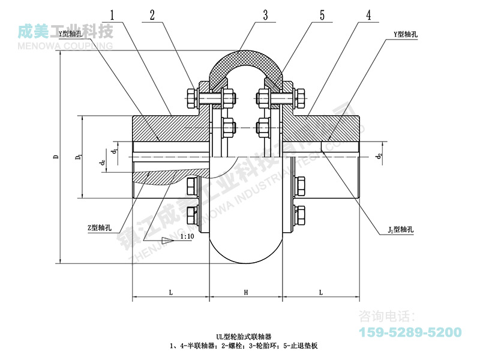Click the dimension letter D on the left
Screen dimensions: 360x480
(55, 157)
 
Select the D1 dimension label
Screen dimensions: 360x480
(77, 157)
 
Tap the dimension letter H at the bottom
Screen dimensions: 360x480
(246, 292)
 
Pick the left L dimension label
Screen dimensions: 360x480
(170, 292)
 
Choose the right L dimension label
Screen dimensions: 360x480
(322, 292)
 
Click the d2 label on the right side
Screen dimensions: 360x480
(379, 157)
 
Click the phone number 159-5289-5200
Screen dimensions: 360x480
(410, 332)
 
